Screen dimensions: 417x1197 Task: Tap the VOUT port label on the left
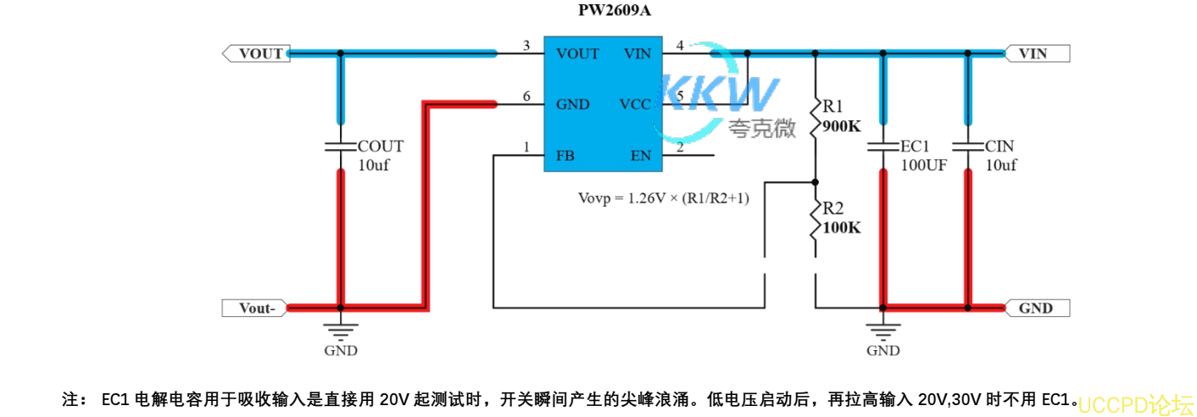coord(260,53)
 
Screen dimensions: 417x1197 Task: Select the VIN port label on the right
coord(1032,53)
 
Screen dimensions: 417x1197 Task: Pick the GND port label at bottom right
coord(1035,309)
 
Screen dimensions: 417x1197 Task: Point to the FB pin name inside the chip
coord(565,156)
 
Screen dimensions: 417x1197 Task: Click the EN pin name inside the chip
coord(640,156)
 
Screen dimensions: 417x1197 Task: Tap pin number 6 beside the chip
coord(526,97)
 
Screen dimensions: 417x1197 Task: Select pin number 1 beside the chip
coord(526,148)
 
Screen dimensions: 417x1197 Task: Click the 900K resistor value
coord(841,127)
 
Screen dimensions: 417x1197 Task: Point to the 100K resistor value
coord(841,228)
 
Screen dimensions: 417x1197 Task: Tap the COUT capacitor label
coord(381,146)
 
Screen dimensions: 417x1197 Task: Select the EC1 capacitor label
coord(916,146)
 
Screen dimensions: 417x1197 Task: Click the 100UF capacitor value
coord(923,165)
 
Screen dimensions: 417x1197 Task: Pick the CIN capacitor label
coord(999,146)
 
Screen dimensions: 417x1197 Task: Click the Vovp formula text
coord(663,198)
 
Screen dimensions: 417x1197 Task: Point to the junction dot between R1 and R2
coord(815,181)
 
